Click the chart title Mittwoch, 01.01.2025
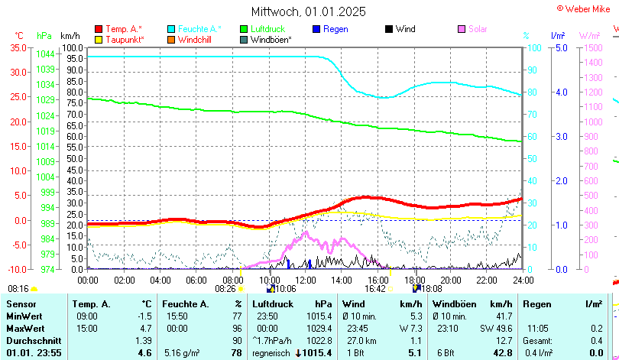click(309, 11)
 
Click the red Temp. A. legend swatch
click(99, 29)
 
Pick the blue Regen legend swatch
click(316, 29)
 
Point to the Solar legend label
click(478, 29)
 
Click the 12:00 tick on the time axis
click(305, 281)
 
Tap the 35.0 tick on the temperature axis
click(17, 47)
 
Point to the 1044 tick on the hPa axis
click(45, 54)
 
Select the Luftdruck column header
click(269, 304)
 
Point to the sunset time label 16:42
click(375, 289)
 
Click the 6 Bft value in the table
click(445, 352)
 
